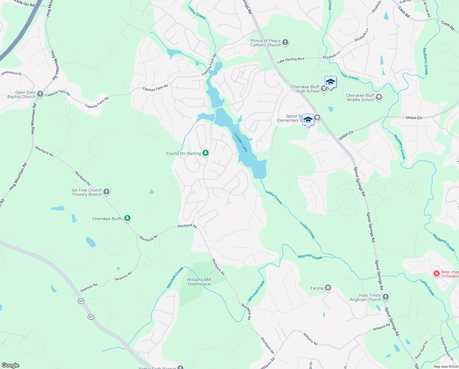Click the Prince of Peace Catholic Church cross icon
click(285, 42)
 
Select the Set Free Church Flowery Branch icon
click(106, 192)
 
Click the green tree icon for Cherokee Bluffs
click(128, 218)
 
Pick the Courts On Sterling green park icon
click(206, 153)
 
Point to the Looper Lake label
click(241, 142)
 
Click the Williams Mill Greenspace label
click(199, 282)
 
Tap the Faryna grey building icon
click(328, 288)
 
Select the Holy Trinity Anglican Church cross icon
click(386, 297)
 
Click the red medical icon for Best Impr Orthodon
click(436, 274)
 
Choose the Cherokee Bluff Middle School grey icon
click(379, 97)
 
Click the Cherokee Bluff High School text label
click(305, 89)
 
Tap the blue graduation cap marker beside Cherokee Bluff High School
click(330, 82)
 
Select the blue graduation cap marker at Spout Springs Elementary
click(308, 120)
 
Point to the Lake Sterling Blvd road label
click(291, 60)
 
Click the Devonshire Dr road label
click(11, 73)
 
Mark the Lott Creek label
click(349, 76)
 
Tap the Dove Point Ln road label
click(421, 350)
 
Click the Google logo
click(10, 365)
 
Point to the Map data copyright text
click(445, 367)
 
